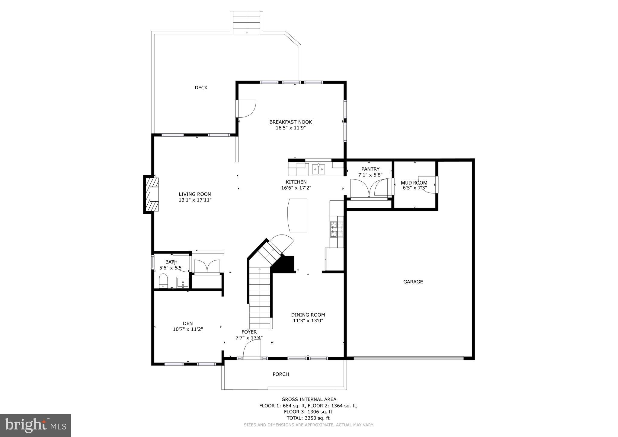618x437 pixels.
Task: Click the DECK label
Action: [x=201, y=88]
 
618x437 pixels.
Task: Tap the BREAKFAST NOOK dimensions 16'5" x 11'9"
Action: [x=290, y=128]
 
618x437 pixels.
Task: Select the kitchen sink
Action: [x=319, y=169]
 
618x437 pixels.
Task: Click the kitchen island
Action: [x=298, y=215]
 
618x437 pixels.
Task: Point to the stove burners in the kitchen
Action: [x=334, y=229]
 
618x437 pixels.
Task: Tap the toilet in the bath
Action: [x=163, y=281]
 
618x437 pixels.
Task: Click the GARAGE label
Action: [x=413, y=282]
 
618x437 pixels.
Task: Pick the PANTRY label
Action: [x=370, y=169]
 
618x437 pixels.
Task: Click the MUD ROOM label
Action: [x=414, y=183]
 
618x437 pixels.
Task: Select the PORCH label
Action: [x=281, y=374]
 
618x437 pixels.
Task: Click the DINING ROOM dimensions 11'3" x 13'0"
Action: [x=308, y=321]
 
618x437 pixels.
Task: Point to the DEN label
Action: [x=187, y=324]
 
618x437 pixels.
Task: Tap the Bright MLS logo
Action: [x=35, y=426]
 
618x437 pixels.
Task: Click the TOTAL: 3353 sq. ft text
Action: [x=308, y=418]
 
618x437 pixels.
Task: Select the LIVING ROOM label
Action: [x=195, y=194]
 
